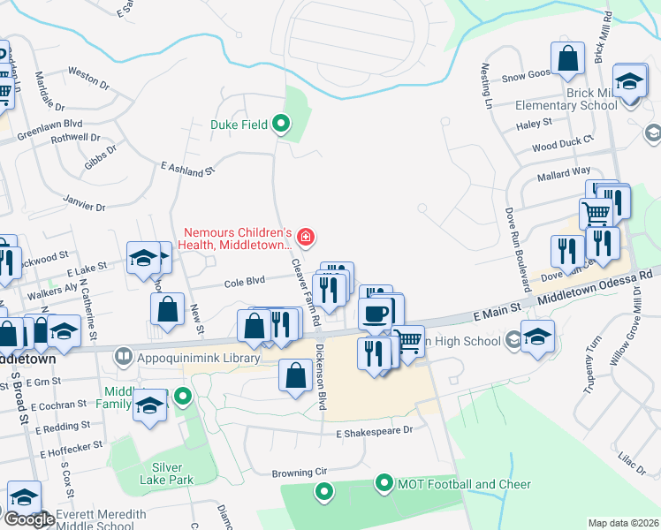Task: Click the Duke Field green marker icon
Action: tap(281, 124)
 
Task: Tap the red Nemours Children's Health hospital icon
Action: tap(306, 236)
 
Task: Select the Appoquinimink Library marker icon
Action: tap(123, 358)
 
